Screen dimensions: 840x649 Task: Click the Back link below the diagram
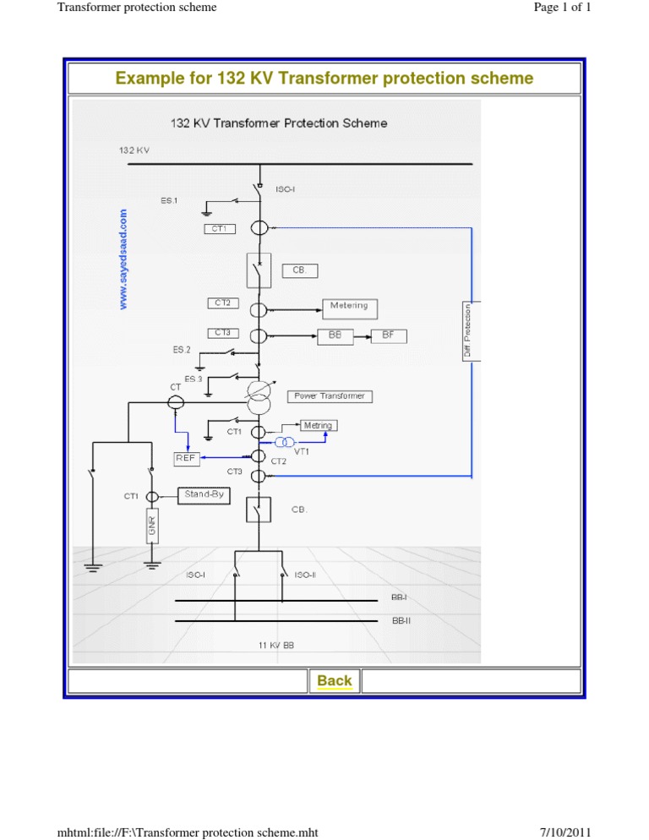[x=335, y=680]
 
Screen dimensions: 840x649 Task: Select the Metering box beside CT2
[x=350, y=308]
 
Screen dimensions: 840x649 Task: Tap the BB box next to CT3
[x=335, y=335]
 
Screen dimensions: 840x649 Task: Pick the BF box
[x=388, y=335]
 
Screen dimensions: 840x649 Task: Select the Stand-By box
[x=204, y=495]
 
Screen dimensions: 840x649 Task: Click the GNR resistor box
[x=153, y=529]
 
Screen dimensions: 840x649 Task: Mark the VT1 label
[x=302, y=452]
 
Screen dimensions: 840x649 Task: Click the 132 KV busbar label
[x=134, y=150]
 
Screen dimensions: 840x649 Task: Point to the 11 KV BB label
[x=276, y=646]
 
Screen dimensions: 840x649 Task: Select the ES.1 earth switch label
[x=169, y=200]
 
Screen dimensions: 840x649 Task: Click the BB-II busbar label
[x=401, y=619]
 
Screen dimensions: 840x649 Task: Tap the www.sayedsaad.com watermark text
[x=124, y=259]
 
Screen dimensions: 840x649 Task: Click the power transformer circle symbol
[x=259, y=395]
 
